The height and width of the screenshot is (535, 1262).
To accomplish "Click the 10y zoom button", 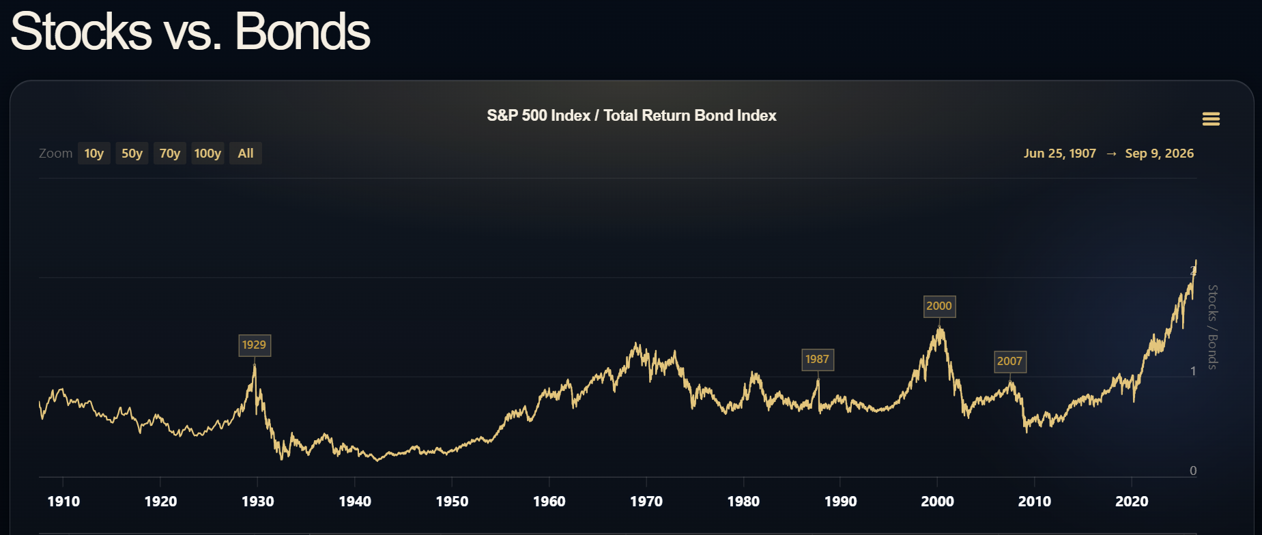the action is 94,154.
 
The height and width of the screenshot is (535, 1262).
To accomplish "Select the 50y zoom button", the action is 132,154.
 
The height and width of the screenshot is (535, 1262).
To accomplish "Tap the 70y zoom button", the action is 170,154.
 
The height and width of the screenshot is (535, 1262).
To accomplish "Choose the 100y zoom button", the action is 207,154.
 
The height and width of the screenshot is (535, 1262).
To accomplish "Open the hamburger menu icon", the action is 1211,119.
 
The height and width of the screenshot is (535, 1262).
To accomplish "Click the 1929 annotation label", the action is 255,345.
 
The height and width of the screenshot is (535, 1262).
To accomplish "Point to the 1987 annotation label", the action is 818,360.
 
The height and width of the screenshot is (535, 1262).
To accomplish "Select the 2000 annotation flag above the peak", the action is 939,306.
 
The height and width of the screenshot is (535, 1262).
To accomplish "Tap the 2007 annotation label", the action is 1010,362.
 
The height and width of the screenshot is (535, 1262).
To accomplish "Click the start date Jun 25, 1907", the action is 1060,154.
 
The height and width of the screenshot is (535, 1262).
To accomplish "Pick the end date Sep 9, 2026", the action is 1160,154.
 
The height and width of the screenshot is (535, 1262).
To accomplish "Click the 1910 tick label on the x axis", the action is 63,502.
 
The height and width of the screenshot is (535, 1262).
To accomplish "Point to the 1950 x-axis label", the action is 452,502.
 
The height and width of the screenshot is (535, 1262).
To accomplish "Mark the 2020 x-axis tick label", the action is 1132,502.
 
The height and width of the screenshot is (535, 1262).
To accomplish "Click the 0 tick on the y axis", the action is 1193,470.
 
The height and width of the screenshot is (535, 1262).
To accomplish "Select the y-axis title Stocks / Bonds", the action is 1213,327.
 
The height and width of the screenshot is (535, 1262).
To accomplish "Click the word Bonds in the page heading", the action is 302,31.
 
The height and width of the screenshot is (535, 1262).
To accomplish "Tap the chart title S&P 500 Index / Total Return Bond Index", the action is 631,116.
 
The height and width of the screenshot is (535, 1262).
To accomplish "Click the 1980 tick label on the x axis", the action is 743,502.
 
